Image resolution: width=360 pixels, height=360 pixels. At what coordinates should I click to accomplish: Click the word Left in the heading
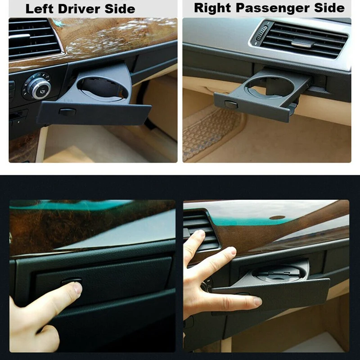pos(38,9)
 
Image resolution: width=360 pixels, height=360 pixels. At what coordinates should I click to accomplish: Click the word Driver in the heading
pos(76,9)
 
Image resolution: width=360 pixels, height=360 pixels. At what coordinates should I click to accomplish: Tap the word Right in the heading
pos(212,8)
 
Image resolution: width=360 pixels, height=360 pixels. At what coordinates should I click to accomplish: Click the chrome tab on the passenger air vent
pos(302,43)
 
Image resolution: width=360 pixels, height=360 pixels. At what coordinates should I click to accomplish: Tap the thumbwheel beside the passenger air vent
pos(260,36)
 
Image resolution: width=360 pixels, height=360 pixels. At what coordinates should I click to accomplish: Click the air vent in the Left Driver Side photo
pos(34,38)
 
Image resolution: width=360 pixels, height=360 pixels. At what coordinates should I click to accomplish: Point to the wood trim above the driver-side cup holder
pos(112,38)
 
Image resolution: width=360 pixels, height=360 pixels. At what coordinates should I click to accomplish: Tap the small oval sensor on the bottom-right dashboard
pos(277,217)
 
